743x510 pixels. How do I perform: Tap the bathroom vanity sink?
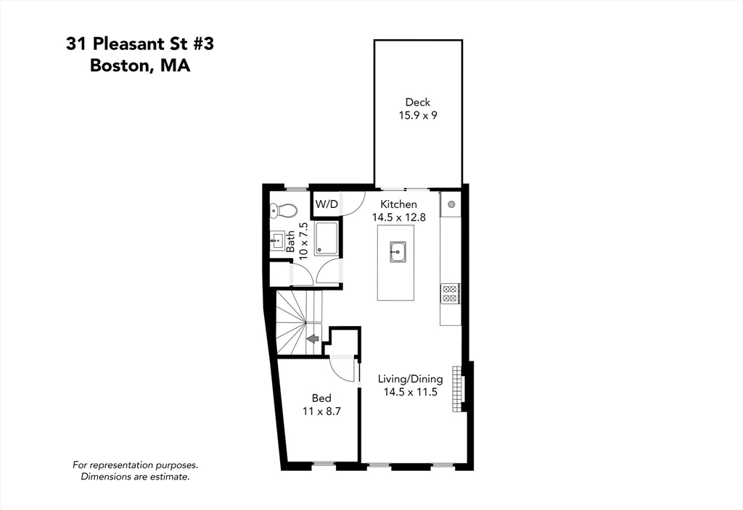click(x=276, y=241)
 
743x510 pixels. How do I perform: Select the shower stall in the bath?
click(x=327, y=238)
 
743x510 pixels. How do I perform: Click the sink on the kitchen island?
click(x=396, y=252)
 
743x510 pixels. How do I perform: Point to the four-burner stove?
click(x=449, y=293)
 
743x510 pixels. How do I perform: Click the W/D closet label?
click(x=326, y=205)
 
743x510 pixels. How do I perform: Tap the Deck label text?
click(x=418, y=102)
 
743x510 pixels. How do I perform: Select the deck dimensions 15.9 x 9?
click(x=418, y=115)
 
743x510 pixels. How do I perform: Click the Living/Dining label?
click(x=410, y=379)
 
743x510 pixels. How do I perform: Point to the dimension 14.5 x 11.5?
click(x=410, y=392)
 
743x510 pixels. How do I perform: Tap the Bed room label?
click(x=321, y=398)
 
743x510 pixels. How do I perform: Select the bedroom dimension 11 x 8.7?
click(x=321, y=411)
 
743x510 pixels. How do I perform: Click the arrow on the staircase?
click(x=313, y=338)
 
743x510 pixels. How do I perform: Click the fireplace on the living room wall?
click(x=457, y=388)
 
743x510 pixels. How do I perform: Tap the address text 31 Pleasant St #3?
click(x=140, y=44)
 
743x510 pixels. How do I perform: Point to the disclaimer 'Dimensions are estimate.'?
click(x=135, y=477)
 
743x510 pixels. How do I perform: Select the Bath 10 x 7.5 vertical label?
click(x=296, y=239)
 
